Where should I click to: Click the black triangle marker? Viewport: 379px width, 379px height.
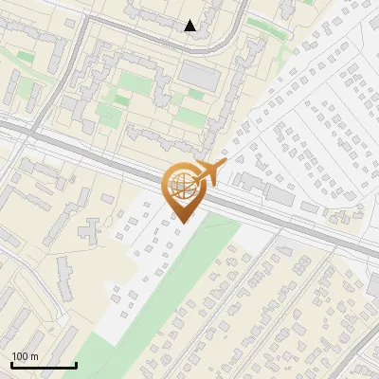[190, 26]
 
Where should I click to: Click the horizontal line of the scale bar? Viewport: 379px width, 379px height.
[44, 365]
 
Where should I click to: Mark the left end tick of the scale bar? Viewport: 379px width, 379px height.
[11, 363]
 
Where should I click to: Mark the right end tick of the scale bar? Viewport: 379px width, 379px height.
[76, 363]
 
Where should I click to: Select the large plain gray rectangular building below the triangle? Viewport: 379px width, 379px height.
[199, 74]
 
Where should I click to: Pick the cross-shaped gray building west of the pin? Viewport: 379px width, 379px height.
[91, 227]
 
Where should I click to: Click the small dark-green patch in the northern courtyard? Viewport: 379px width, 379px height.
[196, 95]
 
